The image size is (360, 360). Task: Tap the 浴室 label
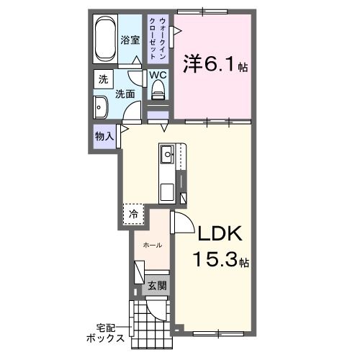click(130, 40)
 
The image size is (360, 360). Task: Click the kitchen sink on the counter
click(166, 153)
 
